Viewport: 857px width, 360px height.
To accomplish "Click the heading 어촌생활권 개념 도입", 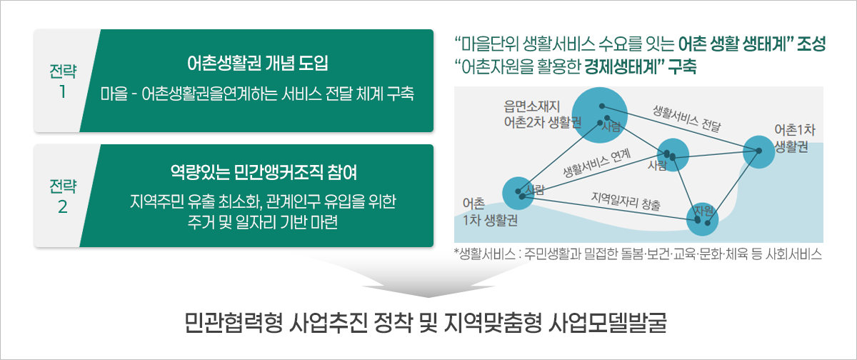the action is point(258,64).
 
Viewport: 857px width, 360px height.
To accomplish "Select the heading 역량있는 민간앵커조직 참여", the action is point(264,173).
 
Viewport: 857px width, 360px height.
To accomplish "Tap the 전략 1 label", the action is point(63,81).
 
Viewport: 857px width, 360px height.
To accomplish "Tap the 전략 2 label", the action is point(63,196).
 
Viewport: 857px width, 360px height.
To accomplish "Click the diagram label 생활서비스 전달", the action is point(687,119).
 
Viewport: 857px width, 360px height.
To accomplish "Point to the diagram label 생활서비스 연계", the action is point(597,163).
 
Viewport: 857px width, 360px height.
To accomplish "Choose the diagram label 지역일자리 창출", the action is point(626,201).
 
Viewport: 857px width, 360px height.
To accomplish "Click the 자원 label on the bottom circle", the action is point(704,211).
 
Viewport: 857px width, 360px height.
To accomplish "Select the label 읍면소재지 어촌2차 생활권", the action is point(543,114).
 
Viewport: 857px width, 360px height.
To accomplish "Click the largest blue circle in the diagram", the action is point(599,115).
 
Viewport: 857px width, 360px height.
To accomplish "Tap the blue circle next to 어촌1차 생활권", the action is point(758,152).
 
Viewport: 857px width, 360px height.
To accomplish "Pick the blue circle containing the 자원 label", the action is point(702,219).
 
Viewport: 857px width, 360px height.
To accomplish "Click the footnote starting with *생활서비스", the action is point(638,254).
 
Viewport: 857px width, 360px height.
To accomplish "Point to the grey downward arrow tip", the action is point(428,297).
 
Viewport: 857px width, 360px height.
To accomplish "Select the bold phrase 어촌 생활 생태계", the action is point(732,44).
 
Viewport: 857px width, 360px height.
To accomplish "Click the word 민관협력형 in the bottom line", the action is point(234,324).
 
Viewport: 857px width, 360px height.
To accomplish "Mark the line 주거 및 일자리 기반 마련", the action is point(263,222).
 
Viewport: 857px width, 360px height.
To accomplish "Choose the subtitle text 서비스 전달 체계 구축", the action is point(347,94).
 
